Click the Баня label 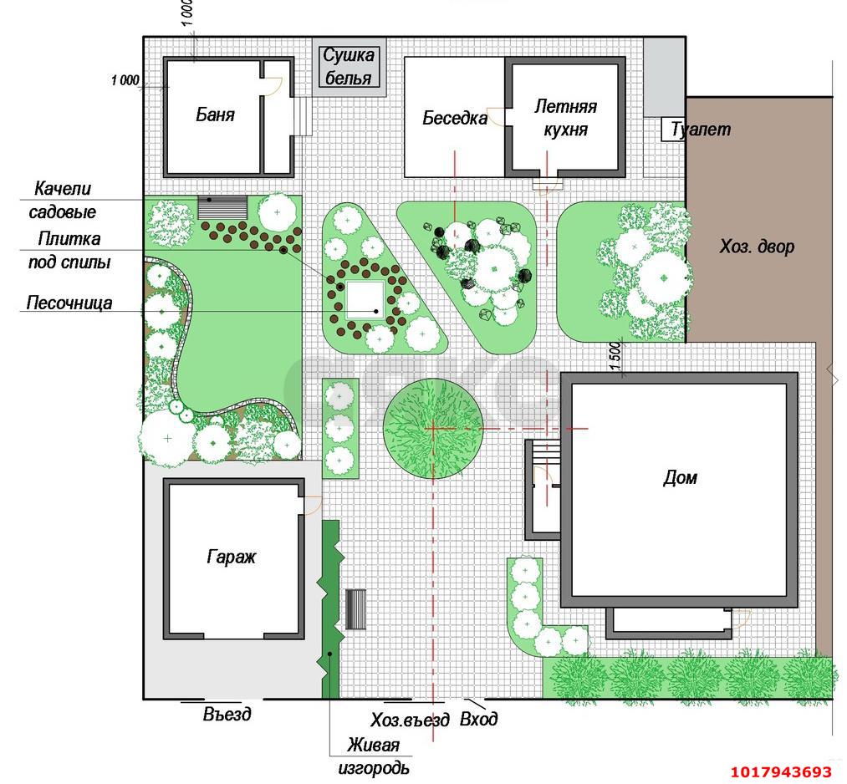tap(215, 115)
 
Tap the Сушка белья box tap(349, 67)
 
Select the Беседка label tap(455, 118)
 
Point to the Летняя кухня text tap(565, 118)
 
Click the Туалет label tap(701, 129)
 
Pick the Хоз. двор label tap(757, 247)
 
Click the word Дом tap(680, 478)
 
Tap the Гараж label tap(232, 557)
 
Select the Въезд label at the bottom tap(227, 714)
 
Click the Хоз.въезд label tap(410, 720)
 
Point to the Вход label tap(478, 719)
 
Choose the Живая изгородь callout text tap(373, 756)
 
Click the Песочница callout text tap(69, 303)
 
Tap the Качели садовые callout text tap(62, 200)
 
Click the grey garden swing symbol tap(222, 207)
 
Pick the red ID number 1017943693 tap(781, 771)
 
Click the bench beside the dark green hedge tap(355, 609)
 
